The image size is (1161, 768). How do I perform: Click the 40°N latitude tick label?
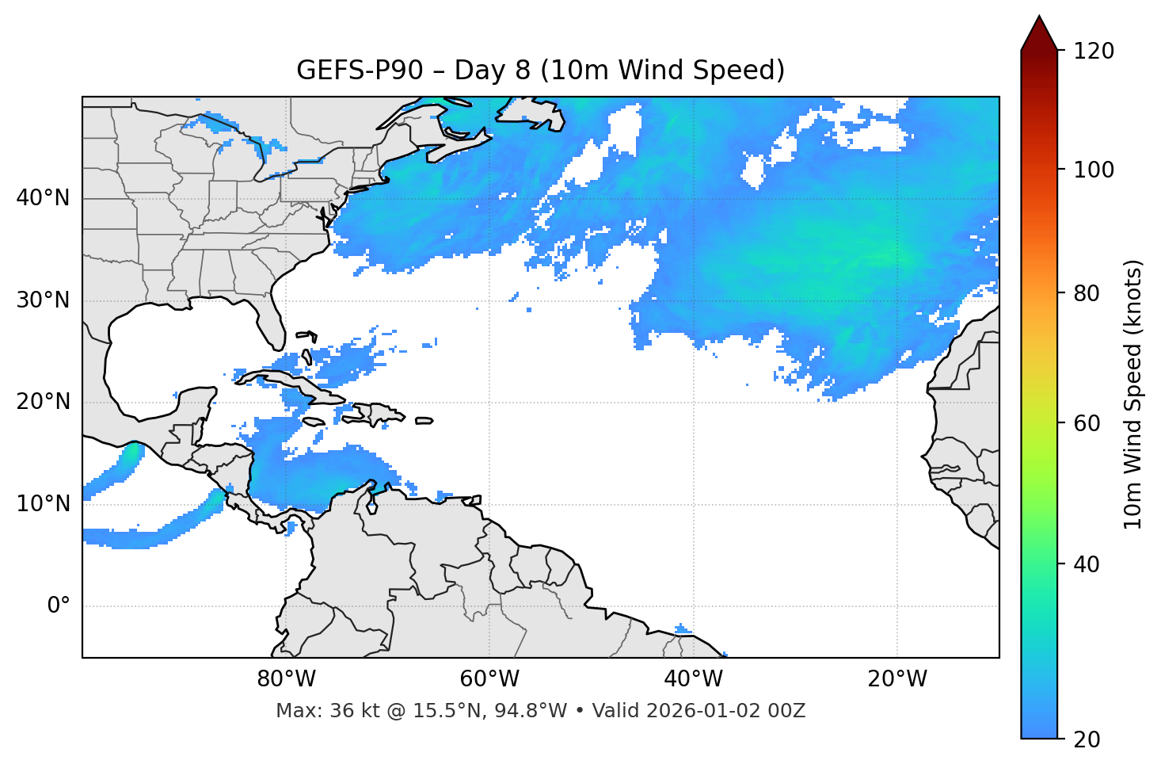click(43, 198)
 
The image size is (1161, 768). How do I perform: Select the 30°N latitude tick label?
click(43, 300)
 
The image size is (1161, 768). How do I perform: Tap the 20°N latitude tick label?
click(43, 402)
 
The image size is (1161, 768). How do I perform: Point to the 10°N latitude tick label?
click(43, 504)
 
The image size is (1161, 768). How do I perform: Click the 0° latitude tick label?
click(59, 606)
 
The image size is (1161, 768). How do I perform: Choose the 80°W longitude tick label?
click(286, 679)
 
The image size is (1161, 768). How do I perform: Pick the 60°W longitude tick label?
click(489, 679)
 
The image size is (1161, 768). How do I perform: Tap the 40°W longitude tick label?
click(694, 679)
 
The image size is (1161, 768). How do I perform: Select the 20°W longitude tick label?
click(897, 679)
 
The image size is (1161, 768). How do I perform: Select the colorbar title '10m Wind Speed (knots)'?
click(1133, 394)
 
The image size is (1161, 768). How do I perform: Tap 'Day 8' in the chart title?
click(492, 71)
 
